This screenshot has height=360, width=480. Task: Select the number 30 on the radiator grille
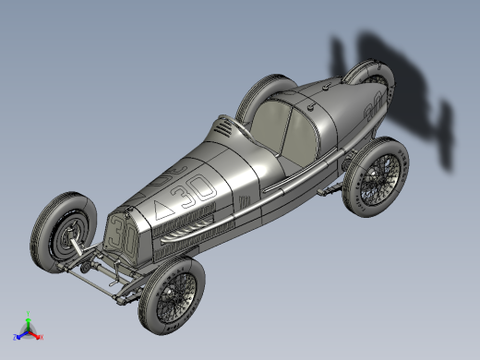[x=119, y=238]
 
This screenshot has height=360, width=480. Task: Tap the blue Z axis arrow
[x=18, y=334]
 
